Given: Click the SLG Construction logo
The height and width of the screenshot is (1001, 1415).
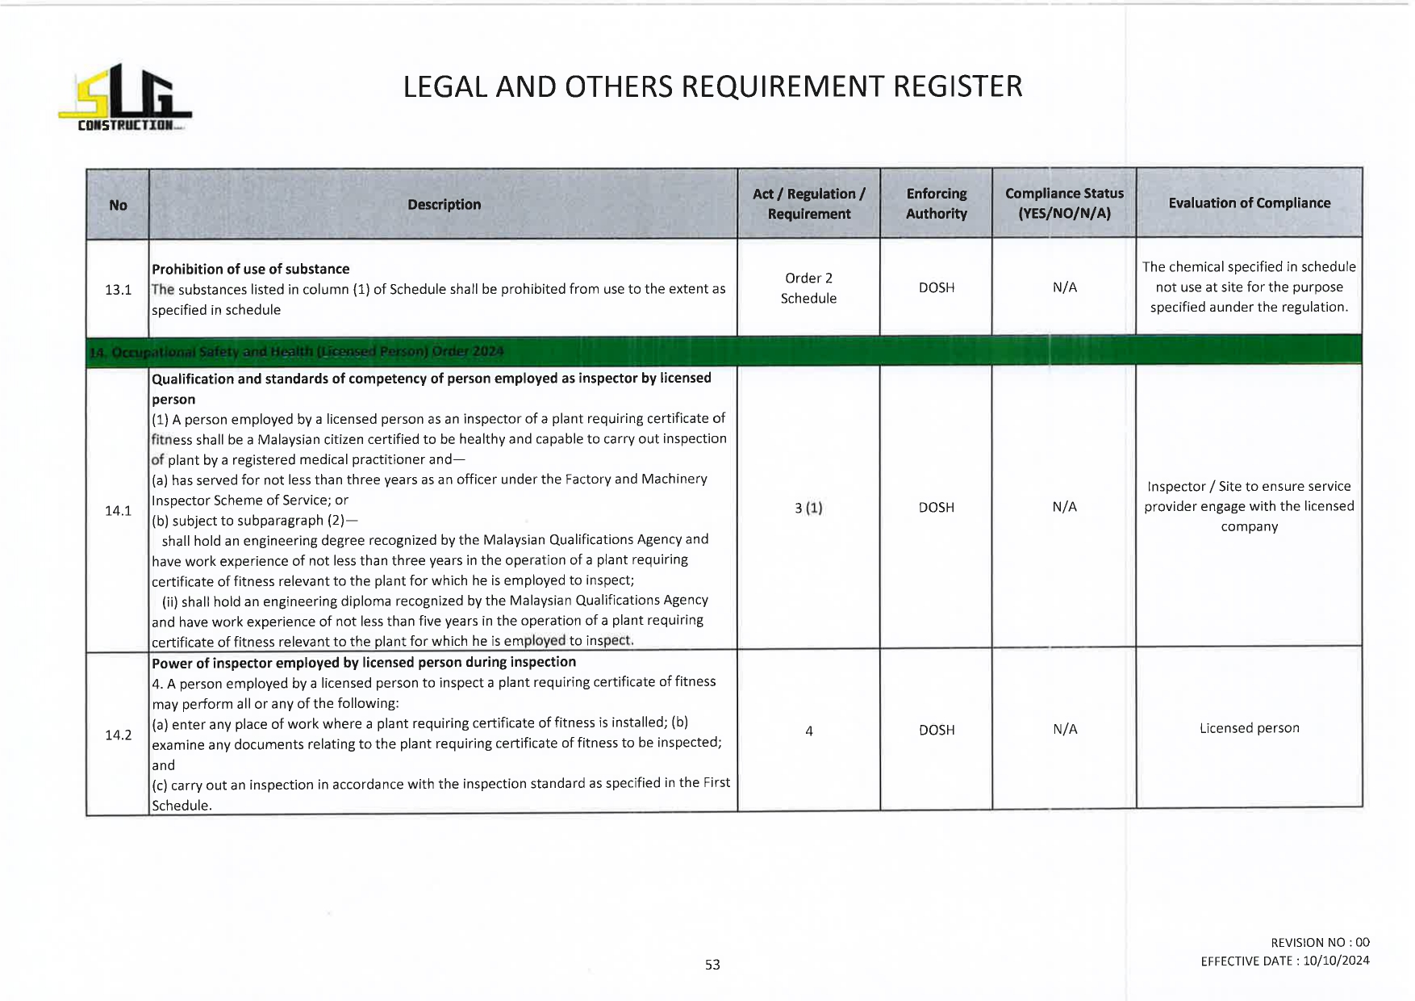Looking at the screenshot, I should [125, 98].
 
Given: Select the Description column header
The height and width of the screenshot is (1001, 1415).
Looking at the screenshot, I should [444, 205].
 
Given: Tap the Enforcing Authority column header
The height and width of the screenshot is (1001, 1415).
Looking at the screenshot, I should [936, 203].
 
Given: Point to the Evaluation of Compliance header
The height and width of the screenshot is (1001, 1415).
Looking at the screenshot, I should [1249, 203].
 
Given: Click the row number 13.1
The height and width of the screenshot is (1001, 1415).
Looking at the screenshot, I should [118, 289].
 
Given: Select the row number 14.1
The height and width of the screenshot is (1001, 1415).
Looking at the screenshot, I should [118, 510].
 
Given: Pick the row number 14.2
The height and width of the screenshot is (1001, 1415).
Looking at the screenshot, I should [118, 735].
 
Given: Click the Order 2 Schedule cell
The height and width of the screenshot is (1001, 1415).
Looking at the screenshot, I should [808, 288].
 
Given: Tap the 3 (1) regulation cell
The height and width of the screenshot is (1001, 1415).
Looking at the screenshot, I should [808, 508].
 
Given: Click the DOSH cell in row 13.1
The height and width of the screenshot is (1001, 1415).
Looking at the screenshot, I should [936, 287].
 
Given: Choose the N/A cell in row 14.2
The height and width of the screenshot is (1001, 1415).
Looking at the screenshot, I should [1065, 729].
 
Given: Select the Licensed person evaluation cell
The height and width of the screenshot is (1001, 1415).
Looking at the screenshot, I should [1249, 728].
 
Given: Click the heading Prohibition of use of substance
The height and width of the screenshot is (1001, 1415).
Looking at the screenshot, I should [251, 269].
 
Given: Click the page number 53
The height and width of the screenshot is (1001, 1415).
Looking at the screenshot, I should [712, 965].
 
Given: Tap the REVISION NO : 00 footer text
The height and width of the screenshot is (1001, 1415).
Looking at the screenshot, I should [1320, 942].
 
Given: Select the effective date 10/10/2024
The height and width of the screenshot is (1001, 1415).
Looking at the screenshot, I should [1336, 961].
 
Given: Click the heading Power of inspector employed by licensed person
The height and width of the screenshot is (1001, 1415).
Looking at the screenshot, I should [364, 662].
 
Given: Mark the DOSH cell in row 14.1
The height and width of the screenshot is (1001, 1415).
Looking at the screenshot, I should [936, 507].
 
